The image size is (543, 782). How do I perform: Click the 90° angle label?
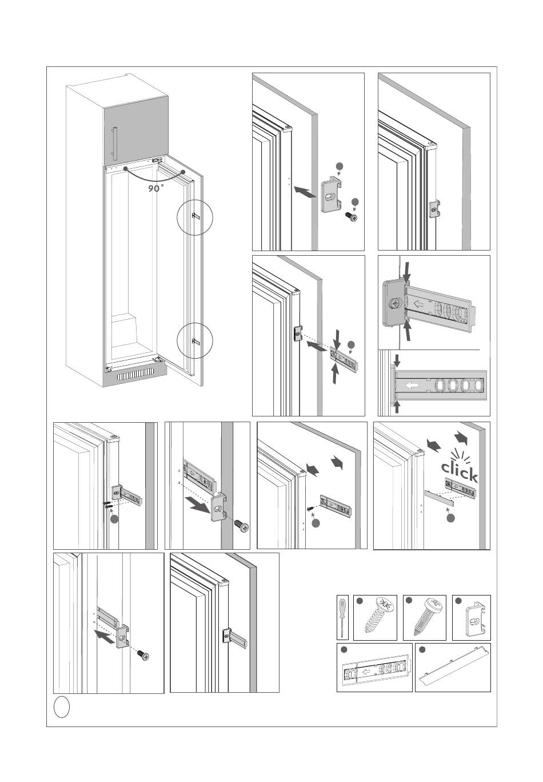click(155, 189)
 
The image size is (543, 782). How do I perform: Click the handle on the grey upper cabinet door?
click(114, 143)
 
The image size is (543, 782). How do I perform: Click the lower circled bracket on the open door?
click(195, 341)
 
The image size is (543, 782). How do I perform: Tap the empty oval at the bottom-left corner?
click(61, 707)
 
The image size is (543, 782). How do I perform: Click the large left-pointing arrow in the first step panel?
click(305, 192)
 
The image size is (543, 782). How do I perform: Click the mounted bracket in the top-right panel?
click(434, 209)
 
